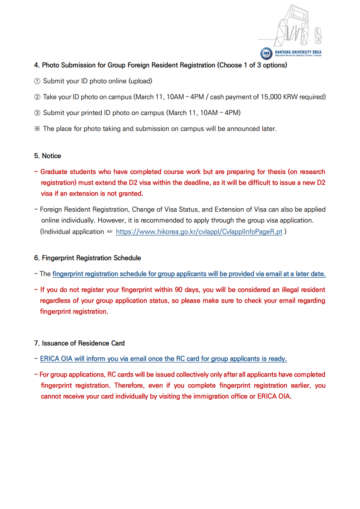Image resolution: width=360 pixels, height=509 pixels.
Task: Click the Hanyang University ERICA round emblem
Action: pyautogui.click(x=266, y=54)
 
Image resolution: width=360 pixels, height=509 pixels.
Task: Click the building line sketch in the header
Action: pyautogui.click(x=295, y=27)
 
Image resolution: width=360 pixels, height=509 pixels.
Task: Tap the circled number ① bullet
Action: pyautogui.click(x=37, y=81)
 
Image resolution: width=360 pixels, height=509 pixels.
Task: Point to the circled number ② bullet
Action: pyautogui.click(x=37, y=97)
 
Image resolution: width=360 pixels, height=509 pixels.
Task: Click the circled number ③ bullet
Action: pyautogui.click(x=37, y=113)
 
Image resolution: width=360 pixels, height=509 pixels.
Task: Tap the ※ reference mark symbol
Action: pyautogui.click(x=37, y=129)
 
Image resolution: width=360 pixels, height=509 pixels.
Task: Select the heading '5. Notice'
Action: pyautogui.click(x=47, y=156)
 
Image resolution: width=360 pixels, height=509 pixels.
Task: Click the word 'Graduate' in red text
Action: pyautogui.click(x=54, y=172)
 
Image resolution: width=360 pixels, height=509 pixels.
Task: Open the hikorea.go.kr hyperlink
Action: pyautogui.click(x=199, y=232)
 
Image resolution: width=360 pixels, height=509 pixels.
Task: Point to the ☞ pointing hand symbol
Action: pyautogui.click(x=109, y=232)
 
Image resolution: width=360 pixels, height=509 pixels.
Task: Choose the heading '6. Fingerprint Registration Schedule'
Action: pyautogui.click(x=87, y=258)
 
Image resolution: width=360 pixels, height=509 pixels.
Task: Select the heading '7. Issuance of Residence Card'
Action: pyautogui.click(x=79, y=343)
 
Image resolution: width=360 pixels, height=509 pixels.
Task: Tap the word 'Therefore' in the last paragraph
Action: pyautogui.click(x=129, y=386)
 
